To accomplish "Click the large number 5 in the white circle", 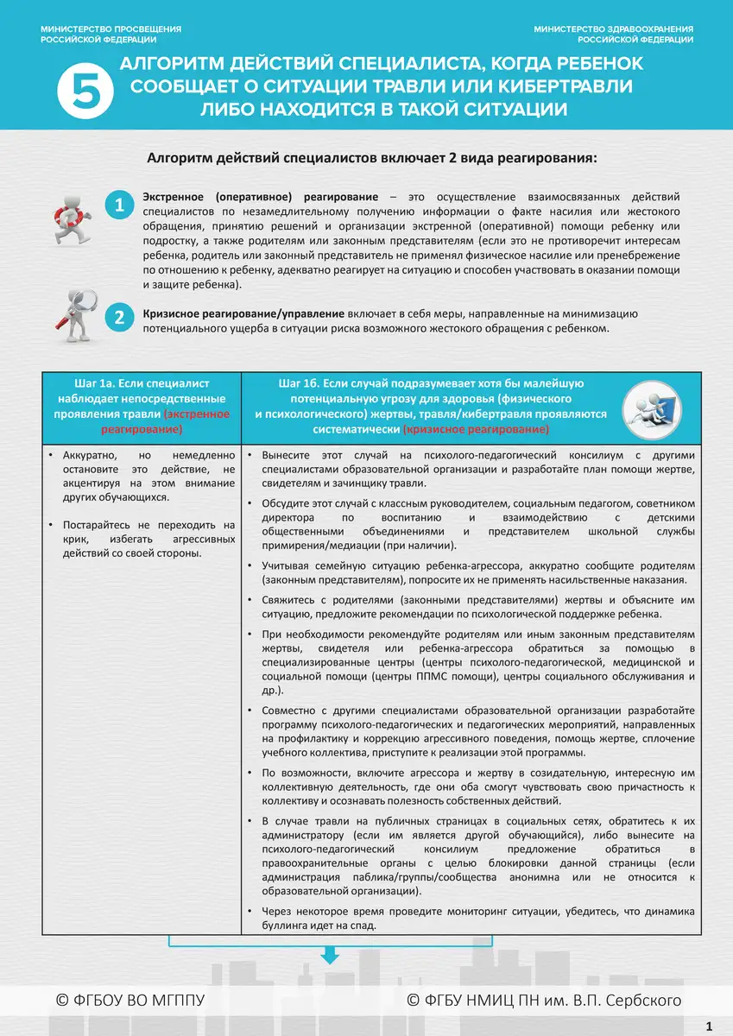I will pyautogui.click(x=85, y=92).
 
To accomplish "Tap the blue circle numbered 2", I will pyautogui.click(x=119, y=318).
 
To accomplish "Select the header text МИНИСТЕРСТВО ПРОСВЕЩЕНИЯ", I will pyautogui.click(x=111, y=29).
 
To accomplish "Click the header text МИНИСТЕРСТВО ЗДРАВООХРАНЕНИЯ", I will pyautogui.click(x=613, y=29).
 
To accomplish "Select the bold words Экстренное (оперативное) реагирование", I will pyautogui.click(x=260, y=196).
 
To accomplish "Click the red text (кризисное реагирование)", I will pyautogui.click(x=476, y=429).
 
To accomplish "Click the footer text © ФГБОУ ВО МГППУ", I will pyautogui.click(x=130, y=1001).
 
